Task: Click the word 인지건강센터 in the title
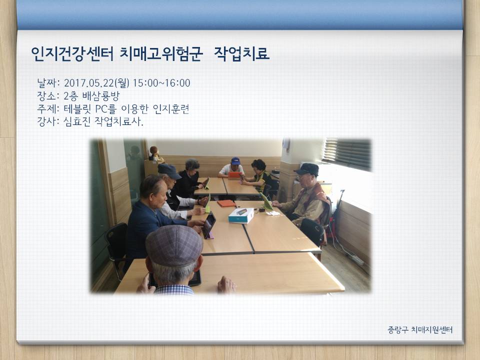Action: [72, 54]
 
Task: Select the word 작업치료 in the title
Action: [241, 54]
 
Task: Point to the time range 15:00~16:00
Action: [161, 83]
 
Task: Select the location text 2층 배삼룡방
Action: [91, 96]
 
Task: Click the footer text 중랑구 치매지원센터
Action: [420, 329]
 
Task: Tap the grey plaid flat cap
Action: [173, 245]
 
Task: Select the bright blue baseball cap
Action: [235, 161]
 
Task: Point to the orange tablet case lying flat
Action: [226, 203]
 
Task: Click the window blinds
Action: [347, 154]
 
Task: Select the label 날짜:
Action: [48, 83]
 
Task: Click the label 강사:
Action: [48, 121]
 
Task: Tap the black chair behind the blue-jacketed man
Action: [116, 248]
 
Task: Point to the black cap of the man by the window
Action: [306, 169]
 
